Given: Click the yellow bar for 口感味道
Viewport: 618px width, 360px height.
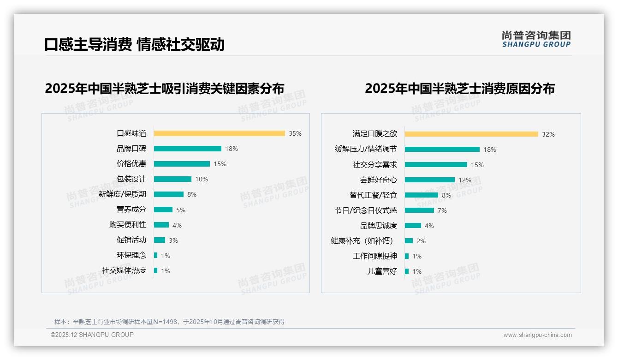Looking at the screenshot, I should point(219,133).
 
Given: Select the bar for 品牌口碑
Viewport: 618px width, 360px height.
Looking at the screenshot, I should point(187,149).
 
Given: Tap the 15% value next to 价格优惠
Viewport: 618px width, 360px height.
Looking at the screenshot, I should point(220,164).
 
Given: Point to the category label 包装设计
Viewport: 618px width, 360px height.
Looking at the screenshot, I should point(131,179).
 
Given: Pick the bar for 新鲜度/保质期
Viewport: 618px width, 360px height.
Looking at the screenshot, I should point(168,194).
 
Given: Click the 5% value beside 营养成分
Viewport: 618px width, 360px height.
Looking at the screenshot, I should point(181,210).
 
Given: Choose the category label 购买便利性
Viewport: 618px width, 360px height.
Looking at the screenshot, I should point(127,225).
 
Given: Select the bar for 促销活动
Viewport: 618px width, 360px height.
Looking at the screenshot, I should point(159,240).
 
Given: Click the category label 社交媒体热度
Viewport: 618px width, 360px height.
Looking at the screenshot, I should point(124,270).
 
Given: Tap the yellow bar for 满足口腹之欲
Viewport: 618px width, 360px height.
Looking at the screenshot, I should point(471,134).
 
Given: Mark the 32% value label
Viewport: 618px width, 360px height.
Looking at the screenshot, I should point(548,134).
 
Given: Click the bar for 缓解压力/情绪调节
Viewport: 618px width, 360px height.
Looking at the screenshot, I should point(442,150).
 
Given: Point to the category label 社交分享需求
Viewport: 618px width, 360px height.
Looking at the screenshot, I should point(374,165).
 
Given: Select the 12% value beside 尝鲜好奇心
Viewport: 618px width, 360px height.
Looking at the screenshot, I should point(465,180).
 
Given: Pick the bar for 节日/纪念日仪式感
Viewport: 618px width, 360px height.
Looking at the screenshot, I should point(419,210).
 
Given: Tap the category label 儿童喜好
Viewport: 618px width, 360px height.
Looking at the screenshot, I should point(382,271).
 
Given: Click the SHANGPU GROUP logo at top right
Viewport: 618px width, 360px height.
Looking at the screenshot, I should point(536,39).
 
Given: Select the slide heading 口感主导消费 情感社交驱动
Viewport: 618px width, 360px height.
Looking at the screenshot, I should point(134,44).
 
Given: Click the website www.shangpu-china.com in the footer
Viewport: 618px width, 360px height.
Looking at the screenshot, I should point(537,335).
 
